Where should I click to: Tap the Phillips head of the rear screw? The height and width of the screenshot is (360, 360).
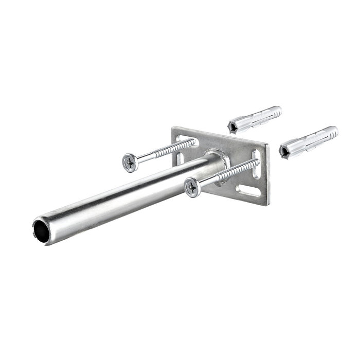tap(129, 162)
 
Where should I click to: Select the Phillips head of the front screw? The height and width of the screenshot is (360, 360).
tap(192, 187)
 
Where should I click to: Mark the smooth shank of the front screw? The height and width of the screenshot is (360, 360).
tap(208, 181)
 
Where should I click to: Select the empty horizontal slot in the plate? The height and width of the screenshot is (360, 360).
tap(249, 193)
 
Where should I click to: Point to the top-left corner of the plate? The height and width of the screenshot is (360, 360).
tap(172, 128)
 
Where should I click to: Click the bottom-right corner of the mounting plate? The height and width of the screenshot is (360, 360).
tap(266, 205)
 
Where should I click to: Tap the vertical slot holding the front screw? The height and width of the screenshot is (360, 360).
tap(256, 163)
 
